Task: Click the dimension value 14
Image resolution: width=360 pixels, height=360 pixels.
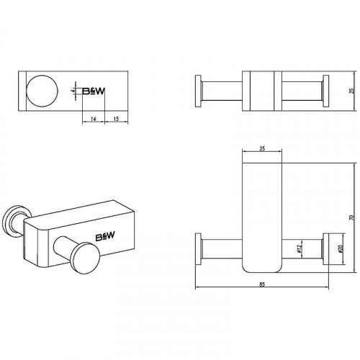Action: point(94,119)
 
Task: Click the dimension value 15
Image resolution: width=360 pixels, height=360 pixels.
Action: point(116,119)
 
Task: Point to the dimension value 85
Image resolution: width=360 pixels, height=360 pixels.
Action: point(262,284)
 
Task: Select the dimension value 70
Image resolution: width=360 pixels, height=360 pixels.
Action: point(352,217)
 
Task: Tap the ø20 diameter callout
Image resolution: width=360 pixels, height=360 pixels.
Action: point(340,248)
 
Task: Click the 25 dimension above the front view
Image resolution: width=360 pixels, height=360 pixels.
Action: point(262,148)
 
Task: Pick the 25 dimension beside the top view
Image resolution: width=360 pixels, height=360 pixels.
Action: point(352,91)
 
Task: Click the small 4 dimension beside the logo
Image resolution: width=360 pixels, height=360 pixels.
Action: point(73,91)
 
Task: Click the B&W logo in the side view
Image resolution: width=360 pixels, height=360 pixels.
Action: point(94,91)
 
